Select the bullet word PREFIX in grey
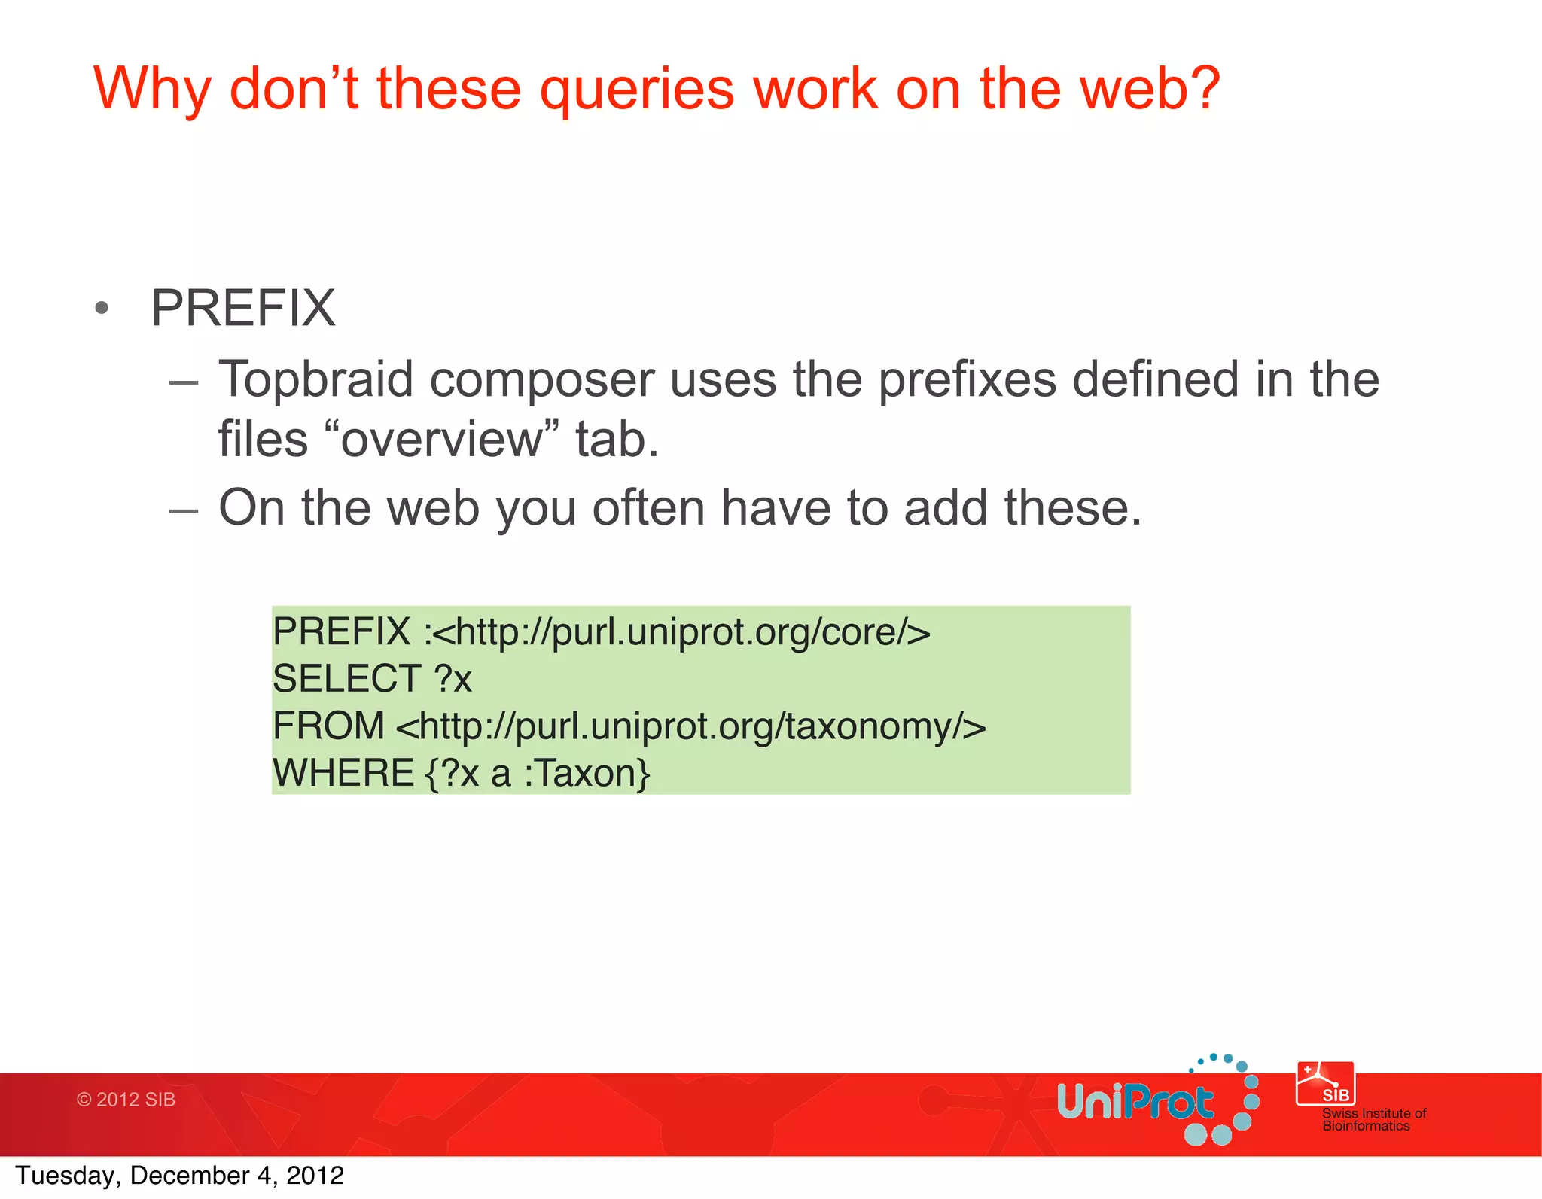pyautogui.click(x=242, y=308)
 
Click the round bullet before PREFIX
pyautogui.click(x=102, y=308)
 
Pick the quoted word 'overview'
pyautogui.click(x=440, y=440)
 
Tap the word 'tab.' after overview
pyautogui.click(x=617, y=440)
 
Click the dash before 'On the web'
pyautogui.click(x=184, y=510)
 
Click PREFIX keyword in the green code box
pyautogui.click(x=341, y=631)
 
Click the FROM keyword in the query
pyautogui.click(x=328, y=726)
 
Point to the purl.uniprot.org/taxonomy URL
pyautogui.click(x=690, y=726)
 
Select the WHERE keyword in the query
pyautogui.click(x=343, y=773)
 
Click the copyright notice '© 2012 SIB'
pyautogui.click(x=126, y=1100)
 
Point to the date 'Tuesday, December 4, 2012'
pyautogui.click(x=179, y=1176)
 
